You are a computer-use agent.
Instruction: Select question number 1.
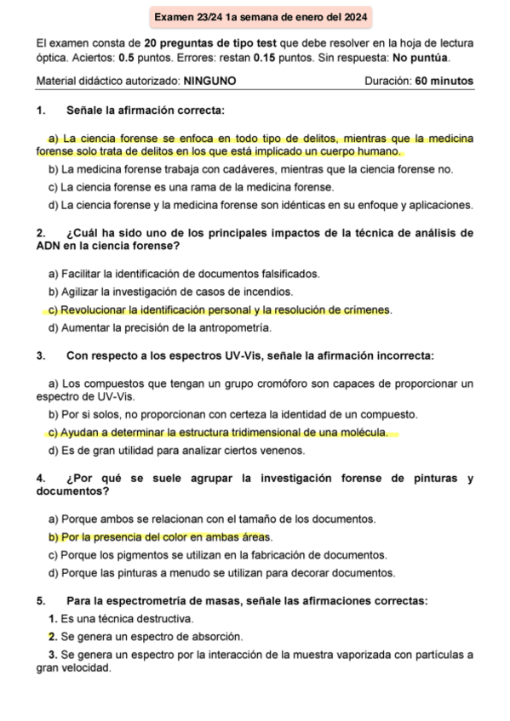(x=40, y=111)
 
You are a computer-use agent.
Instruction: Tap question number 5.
(x=40, y=602)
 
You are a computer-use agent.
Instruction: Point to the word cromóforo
(x=291, y=383)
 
